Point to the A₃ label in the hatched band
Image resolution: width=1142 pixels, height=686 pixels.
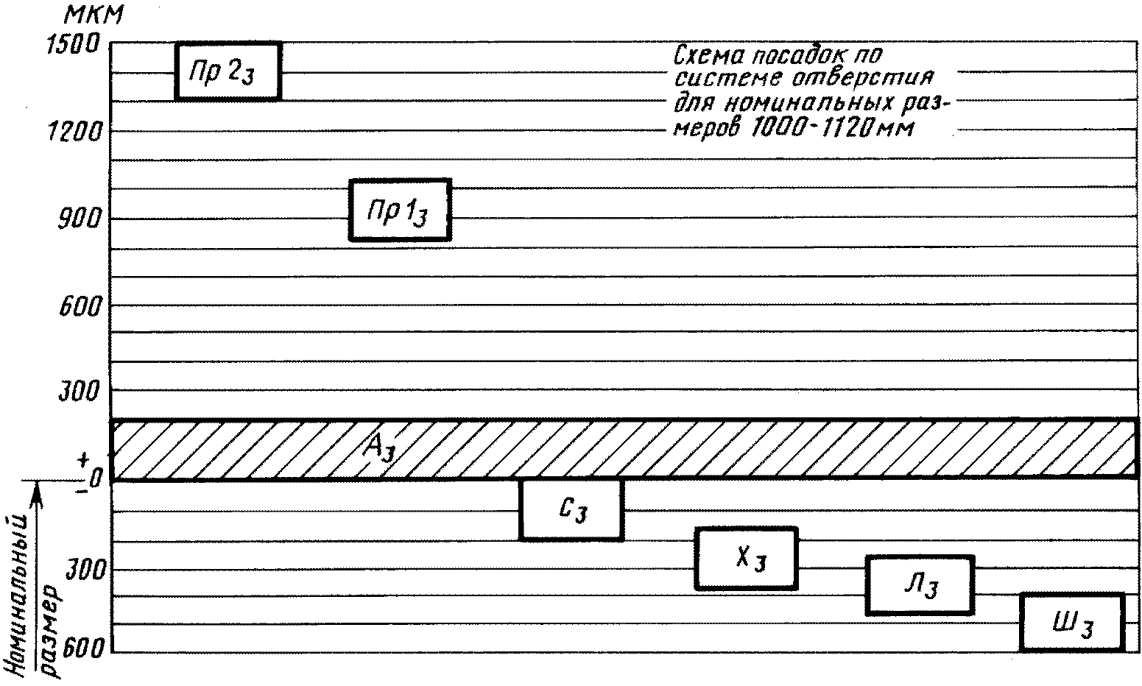pos(378,448)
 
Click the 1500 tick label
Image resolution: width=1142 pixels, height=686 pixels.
pos(73,44)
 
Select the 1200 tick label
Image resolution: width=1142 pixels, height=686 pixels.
pos(74,132)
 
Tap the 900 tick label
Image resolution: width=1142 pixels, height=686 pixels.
pos(80,219)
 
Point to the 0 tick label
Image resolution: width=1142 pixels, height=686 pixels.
pos(95,478)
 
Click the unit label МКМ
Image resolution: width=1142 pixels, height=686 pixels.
pos(94,15)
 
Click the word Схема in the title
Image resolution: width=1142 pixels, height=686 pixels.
pos(708,54)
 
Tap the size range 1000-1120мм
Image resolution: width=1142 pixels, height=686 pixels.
pos(832,128)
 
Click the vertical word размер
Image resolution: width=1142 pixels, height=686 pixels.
pos(50,632)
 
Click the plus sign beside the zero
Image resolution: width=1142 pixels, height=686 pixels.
pos(82,460)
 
